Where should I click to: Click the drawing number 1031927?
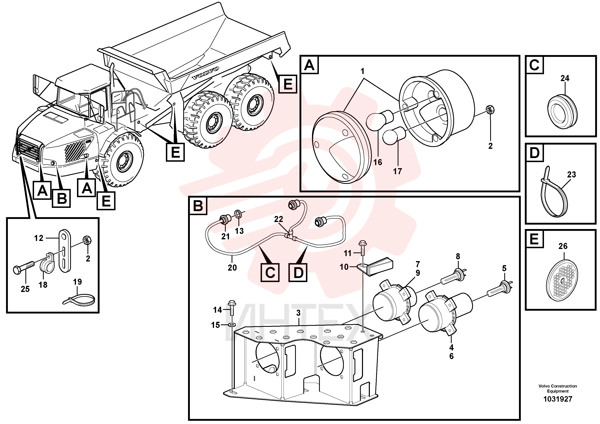[x=558, y=399]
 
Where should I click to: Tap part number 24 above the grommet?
[x=565, y=78]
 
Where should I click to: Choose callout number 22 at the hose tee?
[x=279, y=219]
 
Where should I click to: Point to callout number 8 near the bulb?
[x=458, y=256]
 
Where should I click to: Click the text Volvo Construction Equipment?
[x=558, y=389]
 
